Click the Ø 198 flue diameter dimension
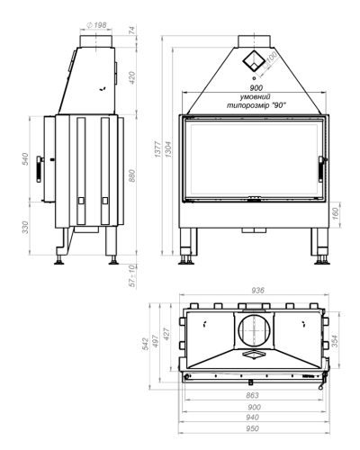coord(96,25)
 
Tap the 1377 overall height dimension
coord(158,149)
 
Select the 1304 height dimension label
coord(168,149)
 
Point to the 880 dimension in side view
coord(132,175)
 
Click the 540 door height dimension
coord(25,159)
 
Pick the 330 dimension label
coord(25,228)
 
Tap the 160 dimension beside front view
coord(336,213)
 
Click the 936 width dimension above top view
coord(258,291)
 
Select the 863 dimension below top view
coord(252,395)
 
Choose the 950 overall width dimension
coord(252,428)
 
